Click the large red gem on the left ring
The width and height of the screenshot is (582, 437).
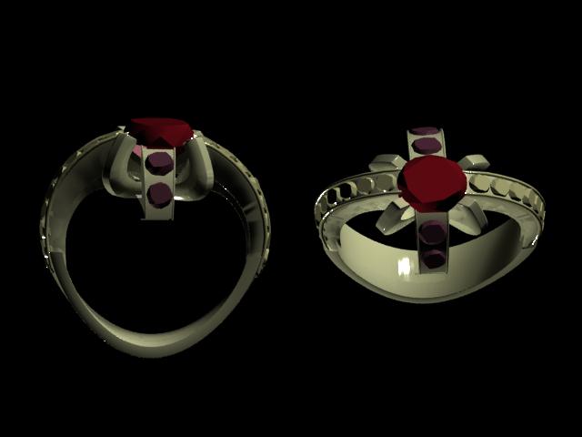[x=161, y=131]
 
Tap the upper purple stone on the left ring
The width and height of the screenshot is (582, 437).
[x=161, y=164]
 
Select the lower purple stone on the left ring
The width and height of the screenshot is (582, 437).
[x=160, y=194]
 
